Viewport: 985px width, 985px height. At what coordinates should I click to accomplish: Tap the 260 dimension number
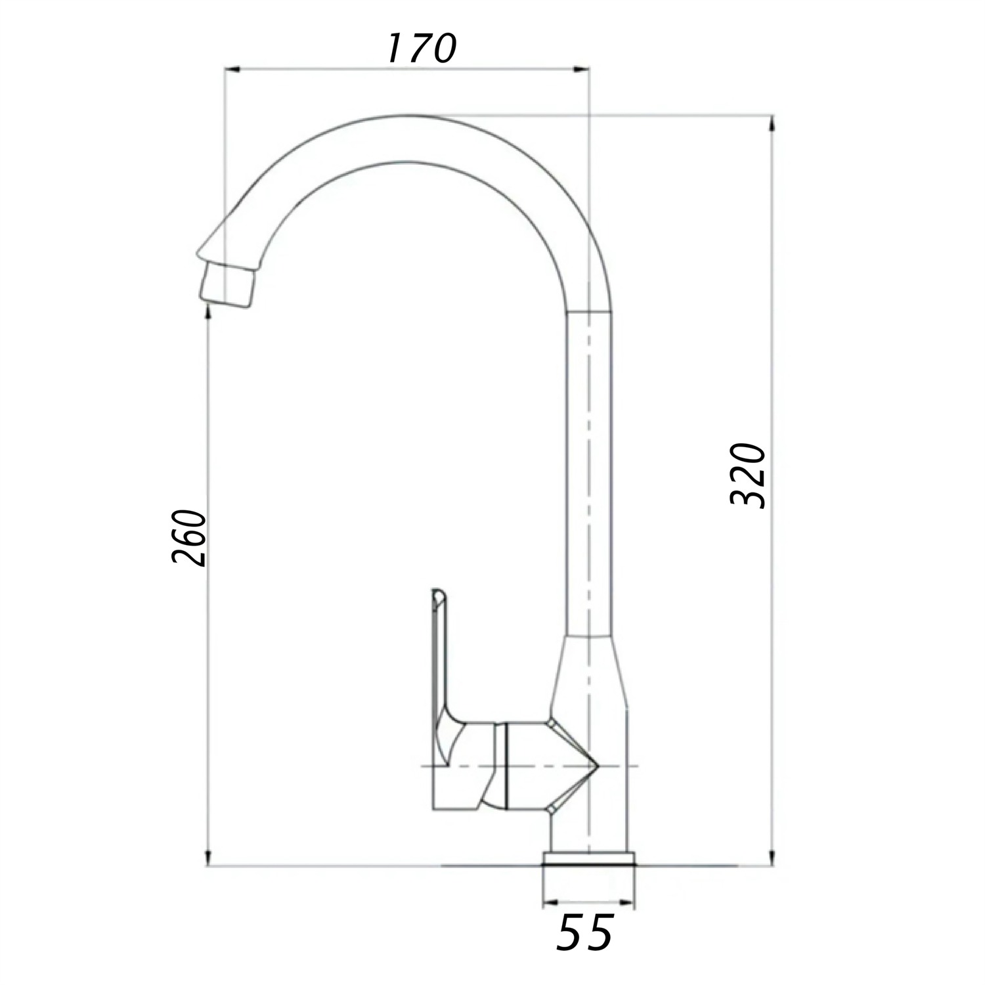pos(189,536)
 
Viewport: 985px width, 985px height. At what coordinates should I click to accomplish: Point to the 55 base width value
pos(584,932)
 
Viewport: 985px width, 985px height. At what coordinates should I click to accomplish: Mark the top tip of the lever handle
pos(439,591)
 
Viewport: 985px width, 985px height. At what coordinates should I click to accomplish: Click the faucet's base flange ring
pos(589,860)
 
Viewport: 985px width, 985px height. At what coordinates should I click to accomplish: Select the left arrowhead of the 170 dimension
pos(232,68)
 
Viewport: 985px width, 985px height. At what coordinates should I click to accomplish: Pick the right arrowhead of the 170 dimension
pos(582,68)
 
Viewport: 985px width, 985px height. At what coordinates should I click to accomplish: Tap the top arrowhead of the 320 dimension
pos(772,123)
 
